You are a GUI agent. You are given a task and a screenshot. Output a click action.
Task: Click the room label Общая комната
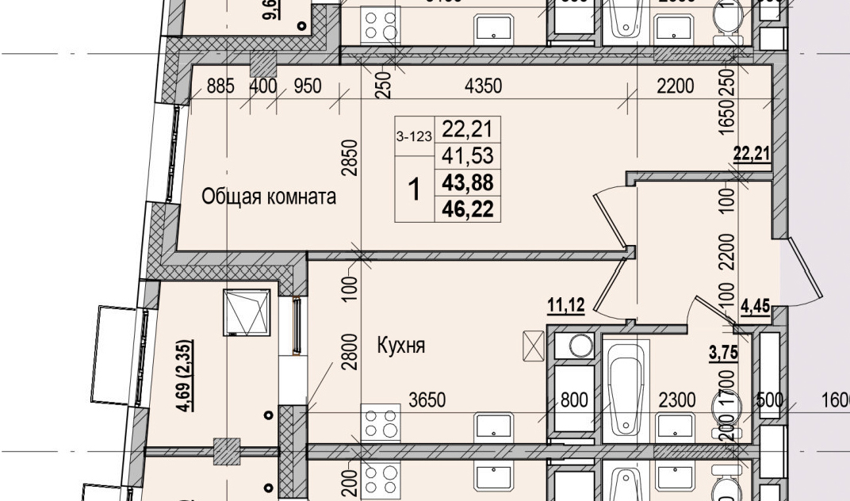click(269, 197)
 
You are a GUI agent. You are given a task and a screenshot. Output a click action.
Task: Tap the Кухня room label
click(401, 346)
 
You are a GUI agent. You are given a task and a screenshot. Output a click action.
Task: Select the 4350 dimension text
click(483, 86)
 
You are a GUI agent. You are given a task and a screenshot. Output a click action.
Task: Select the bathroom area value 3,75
click(724, 353)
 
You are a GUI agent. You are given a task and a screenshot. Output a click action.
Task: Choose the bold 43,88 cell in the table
click(468, 183)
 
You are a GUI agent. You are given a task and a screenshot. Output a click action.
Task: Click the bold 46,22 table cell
click(468, 209)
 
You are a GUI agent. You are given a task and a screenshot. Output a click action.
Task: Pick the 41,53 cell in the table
click(468, 156)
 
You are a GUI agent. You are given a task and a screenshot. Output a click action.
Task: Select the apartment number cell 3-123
click(414, 136)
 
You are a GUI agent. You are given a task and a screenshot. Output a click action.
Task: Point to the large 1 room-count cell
click(414, 189)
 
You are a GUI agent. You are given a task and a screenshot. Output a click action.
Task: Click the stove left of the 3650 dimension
click(381, 421)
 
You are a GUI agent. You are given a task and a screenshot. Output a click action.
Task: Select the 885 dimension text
click(220, 86)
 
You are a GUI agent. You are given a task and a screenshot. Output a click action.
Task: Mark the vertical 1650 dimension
click(727, 118)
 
